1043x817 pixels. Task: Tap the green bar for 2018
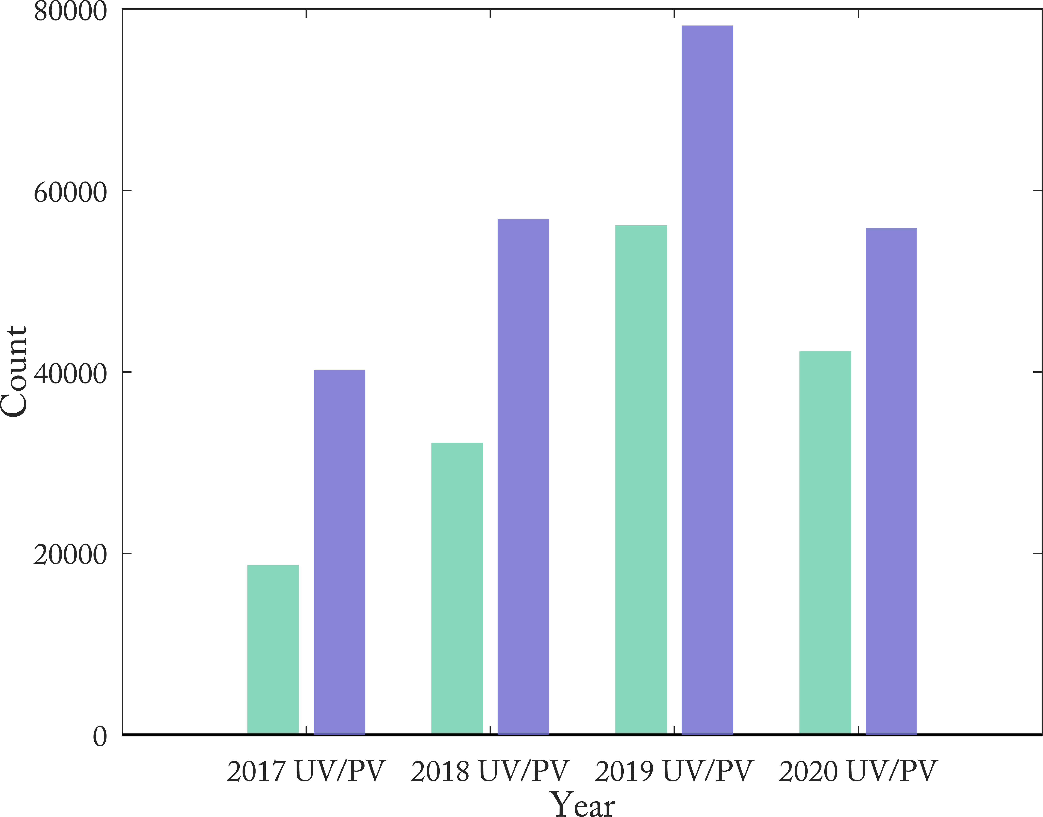coord(457,588)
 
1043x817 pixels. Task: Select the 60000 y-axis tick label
coord(70,192)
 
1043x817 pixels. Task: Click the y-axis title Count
coord(14,372)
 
